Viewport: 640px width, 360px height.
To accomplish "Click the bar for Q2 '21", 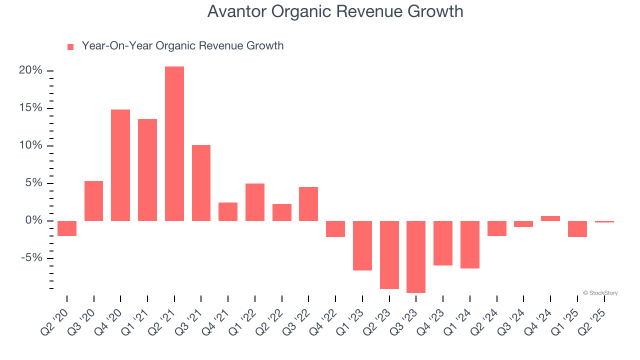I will click(x=174, y=144).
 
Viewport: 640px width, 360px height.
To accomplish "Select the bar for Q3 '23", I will click(x=416, y=257).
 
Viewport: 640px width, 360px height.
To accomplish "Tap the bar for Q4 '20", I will click(x=120, y=165).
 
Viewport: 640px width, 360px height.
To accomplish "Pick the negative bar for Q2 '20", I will click(x=67, y=228).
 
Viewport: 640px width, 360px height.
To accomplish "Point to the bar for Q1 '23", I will click(x=362, y=245).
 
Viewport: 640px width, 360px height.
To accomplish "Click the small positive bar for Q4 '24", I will click(x=550, y=218).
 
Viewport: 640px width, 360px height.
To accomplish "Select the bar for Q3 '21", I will click(x=201, y=183).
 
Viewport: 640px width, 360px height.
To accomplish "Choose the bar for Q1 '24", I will click(x=470, y=244).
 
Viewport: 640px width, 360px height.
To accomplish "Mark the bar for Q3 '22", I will click(x=308, y=204).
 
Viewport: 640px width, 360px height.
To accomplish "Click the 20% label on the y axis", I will click(x=30, y=70).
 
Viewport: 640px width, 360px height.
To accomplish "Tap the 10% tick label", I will click(x=30, y=145).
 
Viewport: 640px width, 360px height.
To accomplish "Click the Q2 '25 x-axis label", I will click(x=597, y=316).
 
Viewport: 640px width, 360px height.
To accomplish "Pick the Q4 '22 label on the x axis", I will click(x=328, y=316).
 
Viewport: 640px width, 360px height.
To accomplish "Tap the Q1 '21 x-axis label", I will click(x=140, y=316).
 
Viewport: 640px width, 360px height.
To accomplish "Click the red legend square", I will click(x=70, y=46).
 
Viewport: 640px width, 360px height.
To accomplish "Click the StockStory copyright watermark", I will click(x=600, y=293).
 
